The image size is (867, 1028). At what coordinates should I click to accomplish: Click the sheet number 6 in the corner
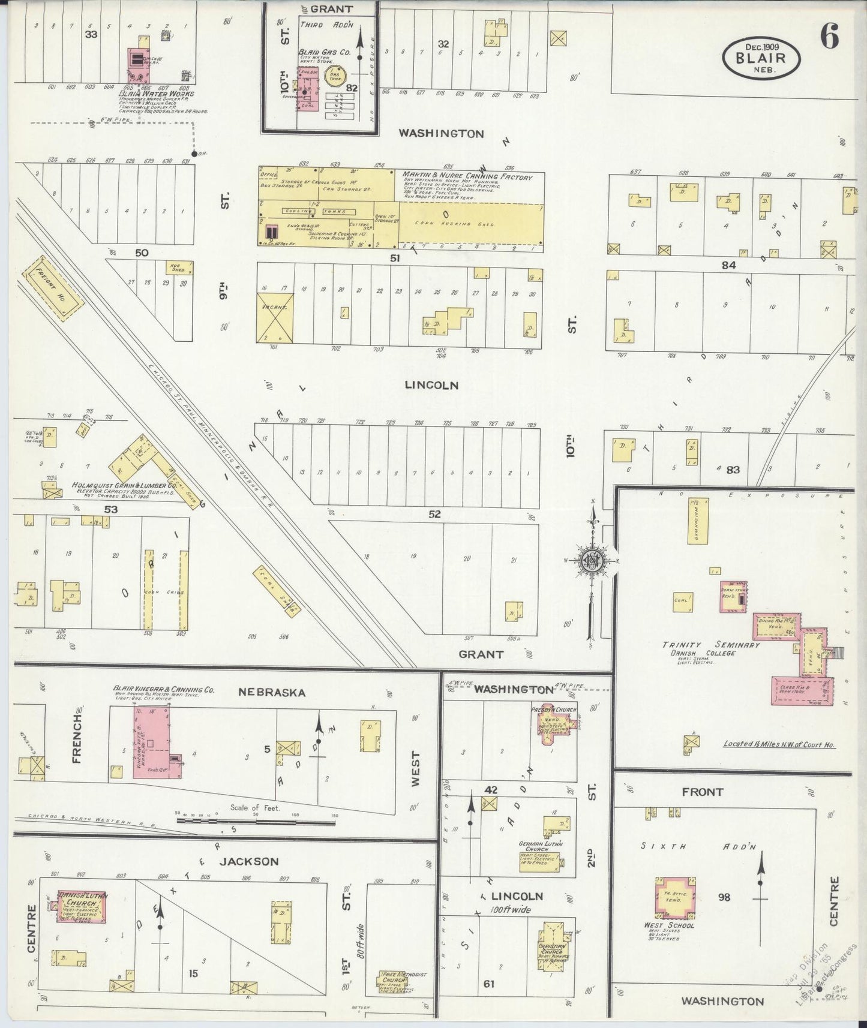pyautogui.click(x=829, y=37)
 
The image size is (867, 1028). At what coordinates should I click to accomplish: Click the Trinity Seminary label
pyautogui.click(x=711, y=645)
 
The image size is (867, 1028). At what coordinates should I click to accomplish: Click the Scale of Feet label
pyautogui.click(x=255, y=807)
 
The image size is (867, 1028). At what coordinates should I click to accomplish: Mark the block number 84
pyautogui.click(x=728, y=264)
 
